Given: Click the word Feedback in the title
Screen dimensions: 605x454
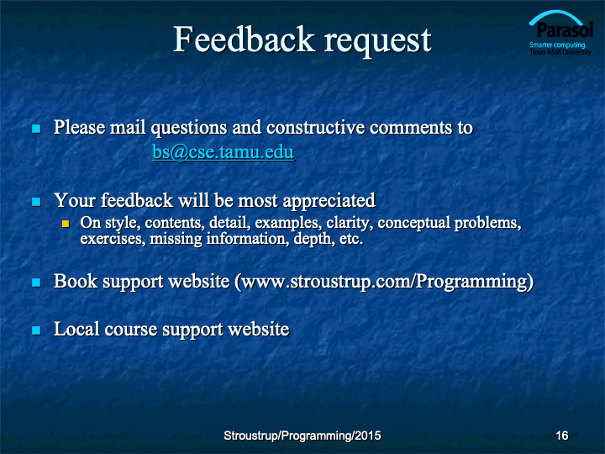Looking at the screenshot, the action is tap(244, 39).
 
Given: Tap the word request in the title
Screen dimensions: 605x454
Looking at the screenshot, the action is tap(377, 42).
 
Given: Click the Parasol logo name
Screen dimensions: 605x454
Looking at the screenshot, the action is tap(565, 29).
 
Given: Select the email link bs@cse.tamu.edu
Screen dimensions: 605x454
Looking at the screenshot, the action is tap(223, 151).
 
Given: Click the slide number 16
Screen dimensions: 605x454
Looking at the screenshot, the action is tap(562, 436).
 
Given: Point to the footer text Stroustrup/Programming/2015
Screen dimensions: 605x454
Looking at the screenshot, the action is tap(302, 436).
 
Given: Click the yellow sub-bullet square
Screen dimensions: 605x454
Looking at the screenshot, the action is tap(66, 224).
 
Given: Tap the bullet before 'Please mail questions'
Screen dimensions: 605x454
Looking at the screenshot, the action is tap(37, 129).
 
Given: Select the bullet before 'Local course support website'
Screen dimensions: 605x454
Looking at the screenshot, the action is tap(37, 330).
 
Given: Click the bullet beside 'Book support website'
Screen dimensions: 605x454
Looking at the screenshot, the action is tap(37, 282).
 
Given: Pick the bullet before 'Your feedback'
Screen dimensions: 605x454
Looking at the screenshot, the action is tap(37, 202).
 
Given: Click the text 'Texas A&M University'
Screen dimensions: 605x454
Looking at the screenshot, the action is tap(560, 52).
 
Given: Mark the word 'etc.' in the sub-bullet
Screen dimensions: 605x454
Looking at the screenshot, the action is tap(351, 239).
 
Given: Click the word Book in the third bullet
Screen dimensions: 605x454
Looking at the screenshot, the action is tap(76, 281).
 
